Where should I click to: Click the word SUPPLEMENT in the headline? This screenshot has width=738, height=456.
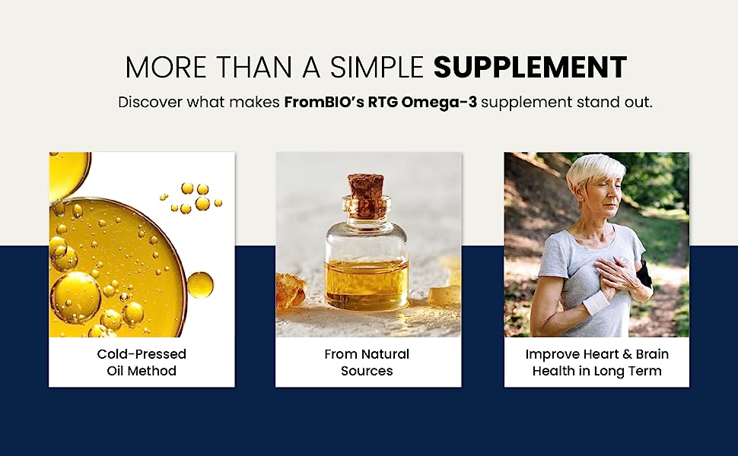click(530, 68)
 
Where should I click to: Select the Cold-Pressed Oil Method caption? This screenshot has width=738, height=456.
click(142, 363)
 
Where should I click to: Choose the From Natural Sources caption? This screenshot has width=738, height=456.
click(367, 363)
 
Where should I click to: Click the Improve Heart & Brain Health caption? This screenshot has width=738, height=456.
click(596, 363)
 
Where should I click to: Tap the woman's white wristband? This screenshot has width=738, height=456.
click(596, 302)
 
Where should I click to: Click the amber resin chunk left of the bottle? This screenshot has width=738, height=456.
click(290, 290)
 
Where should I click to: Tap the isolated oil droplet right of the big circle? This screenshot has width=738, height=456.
click(200, 284)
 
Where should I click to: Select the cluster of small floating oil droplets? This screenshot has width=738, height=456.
click(192, 198)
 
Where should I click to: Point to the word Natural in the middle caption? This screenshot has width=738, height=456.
click(386, 354)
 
